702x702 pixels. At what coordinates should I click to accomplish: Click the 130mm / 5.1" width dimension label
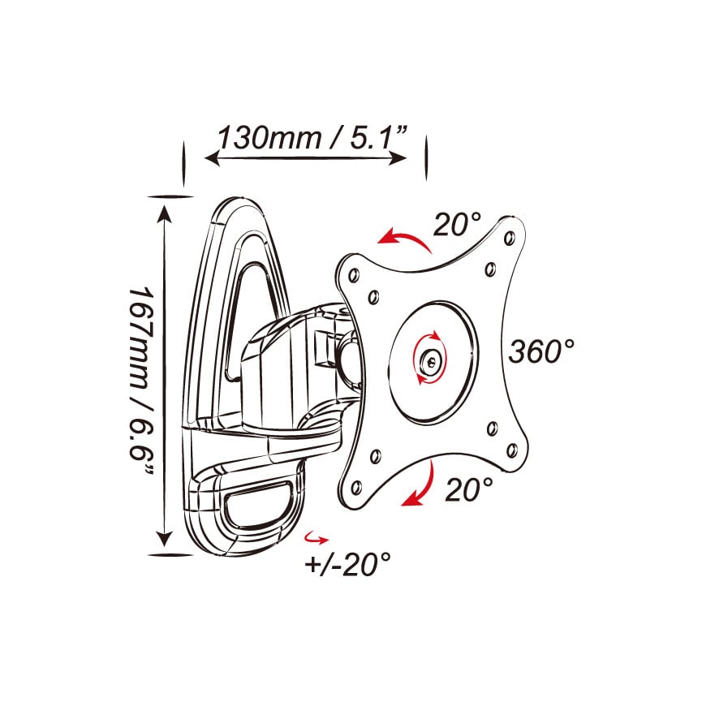tap(313, 137)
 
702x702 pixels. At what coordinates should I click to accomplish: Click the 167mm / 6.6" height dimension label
tap(142, 381)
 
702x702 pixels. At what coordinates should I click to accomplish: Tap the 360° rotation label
tap(541, 351)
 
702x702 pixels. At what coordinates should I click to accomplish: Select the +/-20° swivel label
tap(347, 564)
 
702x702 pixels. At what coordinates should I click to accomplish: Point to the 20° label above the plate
tap(457, 224)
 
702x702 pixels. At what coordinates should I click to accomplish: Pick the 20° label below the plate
tap(469, 489)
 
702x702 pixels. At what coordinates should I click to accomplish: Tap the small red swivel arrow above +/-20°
tap(316, 538)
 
